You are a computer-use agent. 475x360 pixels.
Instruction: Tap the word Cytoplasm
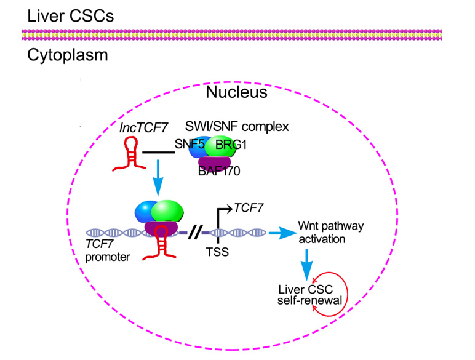[x=67, y=55]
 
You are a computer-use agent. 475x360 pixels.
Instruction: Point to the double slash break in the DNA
[x=196, y=233]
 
